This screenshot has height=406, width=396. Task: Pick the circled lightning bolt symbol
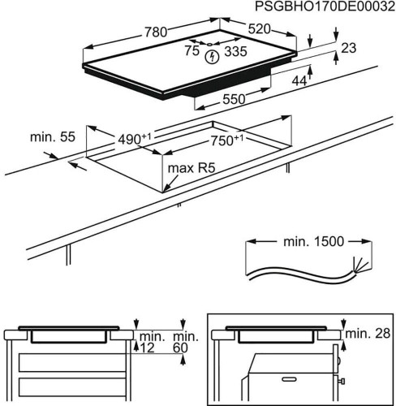tap(213, 57)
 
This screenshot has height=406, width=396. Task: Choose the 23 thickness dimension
tap(349, 49)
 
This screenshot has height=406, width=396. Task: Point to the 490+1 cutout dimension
tap(135, 139)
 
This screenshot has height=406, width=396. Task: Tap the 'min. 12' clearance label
tap(150, 342)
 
